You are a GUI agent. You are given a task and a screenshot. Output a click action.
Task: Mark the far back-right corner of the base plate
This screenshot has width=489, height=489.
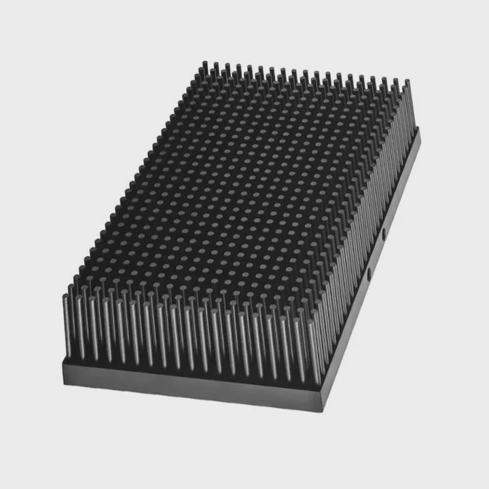(419, 130)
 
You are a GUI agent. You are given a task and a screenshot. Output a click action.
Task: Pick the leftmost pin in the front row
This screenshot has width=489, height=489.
(67, 326)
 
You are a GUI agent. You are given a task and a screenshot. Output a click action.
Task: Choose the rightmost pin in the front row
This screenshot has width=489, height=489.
(314, 353)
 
